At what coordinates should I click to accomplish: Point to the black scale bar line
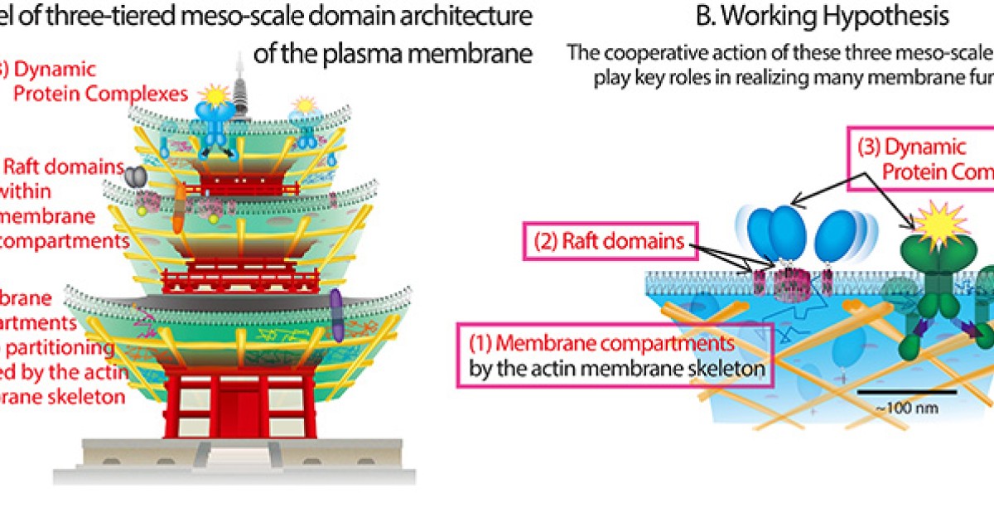(906, 391)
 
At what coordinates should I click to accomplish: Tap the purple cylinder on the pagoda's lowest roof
(336, 315)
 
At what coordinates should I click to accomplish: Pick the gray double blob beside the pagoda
(133, 175)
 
